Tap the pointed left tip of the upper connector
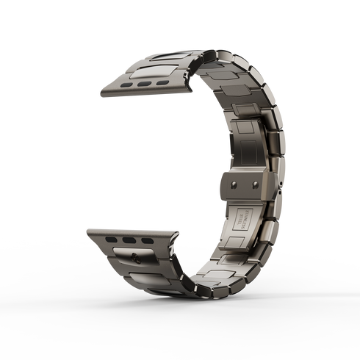(98, 94)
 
